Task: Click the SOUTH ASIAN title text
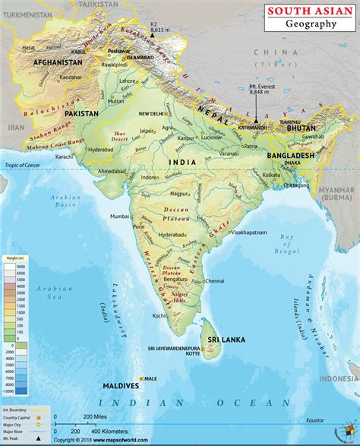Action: [311, 11]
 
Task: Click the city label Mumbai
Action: [120, 217]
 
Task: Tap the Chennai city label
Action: [215, 280]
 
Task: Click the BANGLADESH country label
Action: [290, 155]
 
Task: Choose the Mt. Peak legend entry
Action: [12, 440]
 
